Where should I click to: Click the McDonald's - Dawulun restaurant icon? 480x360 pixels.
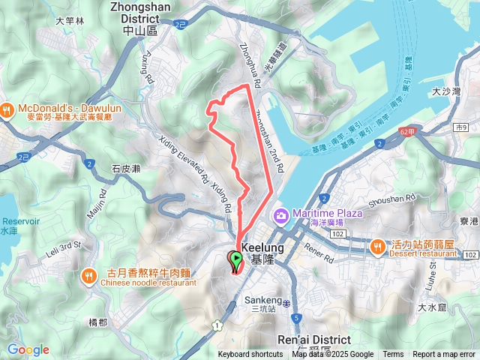pos(6,109)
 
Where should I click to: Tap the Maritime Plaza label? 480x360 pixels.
pos(328,213)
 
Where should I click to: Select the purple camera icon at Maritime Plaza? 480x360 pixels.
pos(280,216)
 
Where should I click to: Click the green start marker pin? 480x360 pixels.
pos(235,260)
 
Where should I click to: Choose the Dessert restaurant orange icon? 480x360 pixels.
pos(378,245)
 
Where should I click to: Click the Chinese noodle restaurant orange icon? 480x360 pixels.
pos(90,275)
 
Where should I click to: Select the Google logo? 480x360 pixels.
pos(28,349)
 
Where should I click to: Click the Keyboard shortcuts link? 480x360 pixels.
pos(250,355)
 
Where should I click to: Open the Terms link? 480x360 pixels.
pos(393,355)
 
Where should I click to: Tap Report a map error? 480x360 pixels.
pos(444,355)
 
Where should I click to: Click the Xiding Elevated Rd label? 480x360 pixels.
pos(182,159)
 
